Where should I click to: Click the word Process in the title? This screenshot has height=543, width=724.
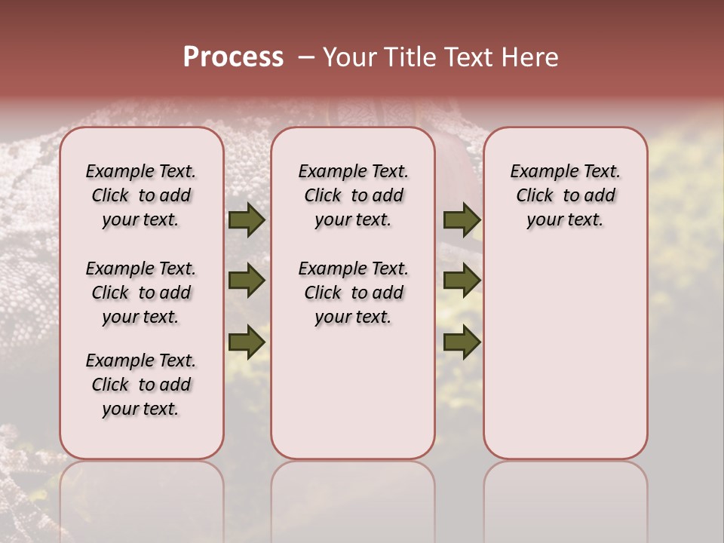point(233,57)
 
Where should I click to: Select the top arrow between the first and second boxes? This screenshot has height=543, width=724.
point(247,220)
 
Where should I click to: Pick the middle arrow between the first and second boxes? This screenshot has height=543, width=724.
point(247,281)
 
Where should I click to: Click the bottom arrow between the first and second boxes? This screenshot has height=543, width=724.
point(247,342)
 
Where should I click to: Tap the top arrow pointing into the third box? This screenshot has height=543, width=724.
point(462,220)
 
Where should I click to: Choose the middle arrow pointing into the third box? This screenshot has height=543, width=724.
point(462,281)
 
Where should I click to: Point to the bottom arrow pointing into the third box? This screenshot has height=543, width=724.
point(462,342)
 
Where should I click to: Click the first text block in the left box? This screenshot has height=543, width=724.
point(141,195)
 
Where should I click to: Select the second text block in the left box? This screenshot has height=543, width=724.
point(141,293)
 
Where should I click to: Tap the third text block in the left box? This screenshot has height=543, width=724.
point(141,385)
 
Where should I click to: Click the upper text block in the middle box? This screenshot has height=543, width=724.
point(353,195)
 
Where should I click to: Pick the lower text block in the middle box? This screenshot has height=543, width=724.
point(353,293)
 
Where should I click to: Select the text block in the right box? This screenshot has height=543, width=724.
point(565,195)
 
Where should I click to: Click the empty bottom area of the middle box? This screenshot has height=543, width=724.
point(353,400)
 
